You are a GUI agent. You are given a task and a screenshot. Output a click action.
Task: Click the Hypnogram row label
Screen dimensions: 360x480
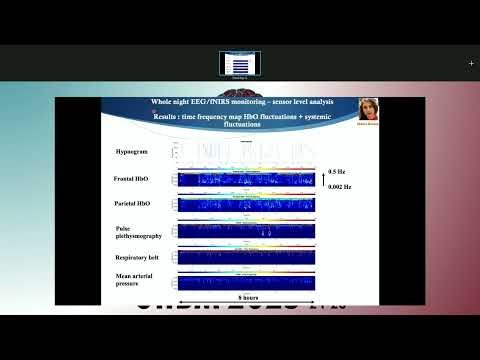coord(131,151)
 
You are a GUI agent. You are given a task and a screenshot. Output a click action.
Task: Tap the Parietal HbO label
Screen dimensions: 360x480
coord(133,205)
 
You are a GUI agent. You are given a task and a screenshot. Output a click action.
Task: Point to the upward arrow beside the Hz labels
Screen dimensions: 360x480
coord(320,178)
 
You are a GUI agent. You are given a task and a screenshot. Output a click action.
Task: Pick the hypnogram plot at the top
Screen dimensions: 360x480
coord(246,153)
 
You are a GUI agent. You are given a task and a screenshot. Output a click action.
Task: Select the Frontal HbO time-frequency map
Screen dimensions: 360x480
coord(246,180)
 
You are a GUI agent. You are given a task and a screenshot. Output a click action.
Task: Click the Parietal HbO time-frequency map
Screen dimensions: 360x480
coord(246,205)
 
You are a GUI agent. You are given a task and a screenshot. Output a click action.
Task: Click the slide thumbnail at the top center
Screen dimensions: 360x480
coord(240,63)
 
